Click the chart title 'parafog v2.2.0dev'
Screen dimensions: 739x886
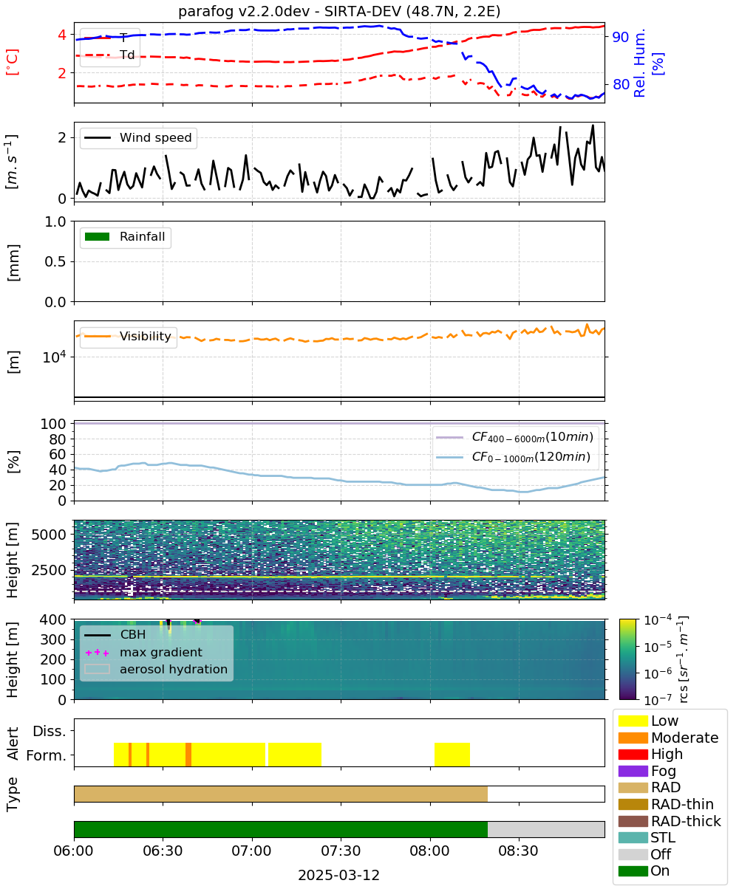click(244, 11)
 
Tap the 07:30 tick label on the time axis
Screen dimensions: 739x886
click(341, 851)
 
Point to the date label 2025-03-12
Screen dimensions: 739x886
click(338, 875)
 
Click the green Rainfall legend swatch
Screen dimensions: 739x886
click(97, 237)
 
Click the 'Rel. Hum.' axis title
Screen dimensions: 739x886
click(639, 63)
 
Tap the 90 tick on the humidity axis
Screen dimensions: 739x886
click(620, 37)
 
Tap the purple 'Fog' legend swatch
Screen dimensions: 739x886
click(633, 771)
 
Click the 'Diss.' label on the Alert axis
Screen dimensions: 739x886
click(50, 731)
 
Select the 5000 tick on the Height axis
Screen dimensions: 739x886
click(49, 535)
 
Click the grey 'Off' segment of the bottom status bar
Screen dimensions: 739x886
click(546, 830)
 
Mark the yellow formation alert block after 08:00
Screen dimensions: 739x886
click(452, 755)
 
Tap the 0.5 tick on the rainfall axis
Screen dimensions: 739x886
click(55, 262)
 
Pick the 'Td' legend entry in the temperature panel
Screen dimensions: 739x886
click(127, 55)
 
